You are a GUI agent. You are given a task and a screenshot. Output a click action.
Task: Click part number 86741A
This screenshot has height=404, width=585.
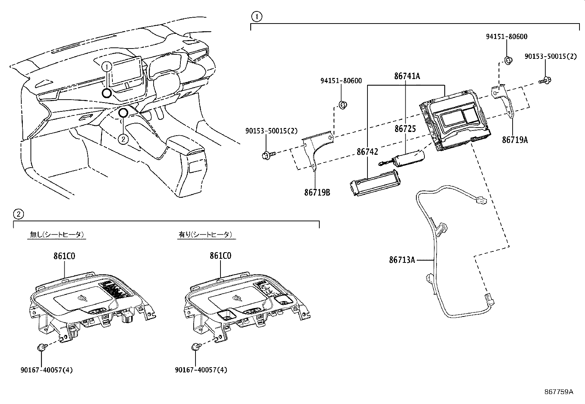click(x=407, y=76)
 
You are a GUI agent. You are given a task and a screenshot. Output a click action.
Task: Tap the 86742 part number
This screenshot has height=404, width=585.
click(x=367, y=151)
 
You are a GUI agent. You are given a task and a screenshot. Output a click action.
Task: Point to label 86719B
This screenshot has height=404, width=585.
click(x=317, y=192)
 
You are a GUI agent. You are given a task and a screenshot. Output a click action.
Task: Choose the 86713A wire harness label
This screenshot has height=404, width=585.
click(x=402, y=260)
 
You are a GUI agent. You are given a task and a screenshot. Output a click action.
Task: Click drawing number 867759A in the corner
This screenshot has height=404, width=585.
click(x=558, y=392)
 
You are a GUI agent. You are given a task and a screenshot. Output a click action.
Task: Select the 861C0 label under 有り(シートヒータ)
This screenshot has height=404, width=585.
click(x=220, y=256)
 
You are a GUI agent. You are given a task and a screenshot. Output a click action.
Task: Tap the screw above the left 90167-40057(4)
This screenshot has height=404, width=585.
click(x=42, y=347)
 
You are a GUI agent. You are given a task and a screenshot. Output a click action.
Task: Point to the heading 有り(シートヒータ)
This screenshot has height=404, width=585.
click(x=205, y=235)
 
